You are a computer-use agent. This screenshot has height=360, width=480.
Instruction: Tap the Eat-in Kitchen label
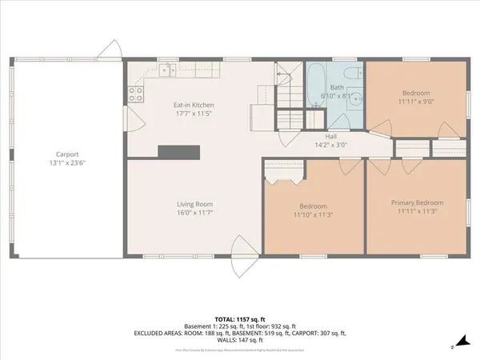coord(194,106)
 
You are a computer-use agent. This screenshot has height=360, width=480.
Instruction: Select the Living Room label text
coord(194,205)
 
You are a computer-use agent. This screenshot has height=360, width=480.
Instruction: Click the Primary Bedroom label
coord(417,203)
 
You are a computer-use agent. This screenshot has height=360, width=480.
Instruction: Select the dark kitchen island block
coord(178,151)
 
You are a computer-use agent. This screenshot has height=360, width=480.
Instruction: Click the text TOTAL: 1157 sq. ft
coord(239,318)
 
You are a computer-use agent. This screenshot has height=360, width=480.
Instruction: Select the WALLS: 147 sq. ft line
coord(239,341)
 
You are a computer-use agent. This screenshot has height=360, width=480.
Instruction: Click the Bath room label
coord(338,87)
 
